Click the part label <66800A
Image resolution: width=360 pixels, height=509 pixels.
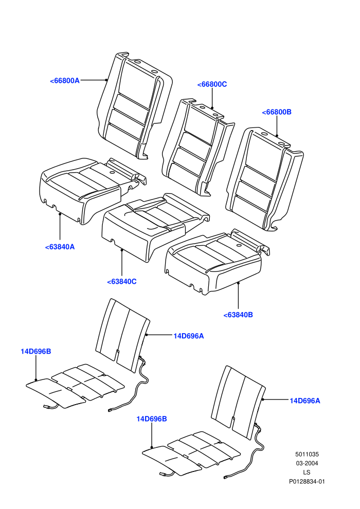point(65,81)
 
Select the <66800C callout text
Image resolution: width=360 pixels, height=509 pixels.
point(212,84)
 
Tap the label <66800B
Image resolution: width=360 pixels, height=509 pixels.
point(277,112)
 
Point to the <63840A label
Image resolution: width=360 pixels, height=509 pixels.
point(60,247)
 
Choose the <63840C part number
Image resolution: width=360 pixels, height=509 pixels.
point(122,282)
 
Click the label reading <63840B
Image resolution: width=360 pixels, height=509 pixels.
point(238,315)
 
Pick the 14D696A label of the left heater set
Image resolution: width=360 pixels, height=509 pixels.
point(189,336)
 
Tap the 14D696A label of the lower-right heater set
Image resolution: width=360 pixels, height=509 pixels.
point(305,401)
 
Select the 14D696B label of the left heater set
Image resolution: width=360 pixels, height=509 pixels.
point(35,352)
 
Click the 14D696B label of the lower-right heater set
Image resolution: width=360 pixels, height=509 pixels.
point(152,419)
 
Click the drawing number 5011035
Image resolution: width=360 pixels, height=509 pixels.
point(307,455)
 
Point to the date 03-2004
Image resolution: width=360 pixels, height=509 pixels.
point(307,463)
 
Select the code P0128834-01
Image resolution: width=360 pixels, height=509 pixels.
point(307,481)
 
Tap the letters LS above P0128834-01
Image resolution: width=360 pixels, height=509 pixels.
point(307,472)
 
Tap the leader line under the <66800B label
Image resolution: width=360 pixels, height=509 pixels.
point(277,126)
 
